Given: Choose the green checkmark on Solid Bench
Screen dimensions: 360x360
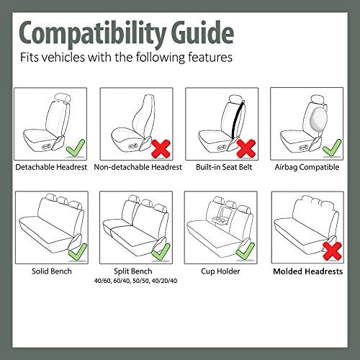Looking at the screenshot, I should tap(74, 250).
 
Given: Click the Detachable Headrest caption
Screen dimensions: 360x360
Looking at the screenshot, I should tap(52, 167).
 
